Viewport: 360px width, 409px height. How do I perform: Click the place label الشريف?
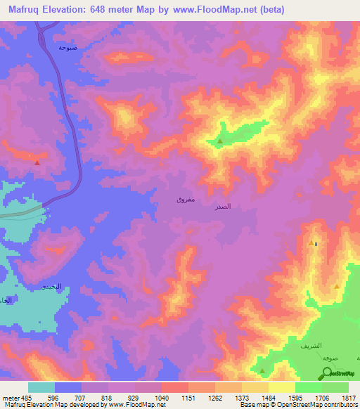pyautogui.click(x=310, y=346)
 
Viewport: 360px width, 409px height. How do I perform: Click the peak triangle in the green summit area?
pyautogui.click(x=220, y=142)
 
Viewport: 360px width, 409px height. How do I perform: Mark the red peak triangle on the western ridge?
pyautogui.click(x=37, y=162)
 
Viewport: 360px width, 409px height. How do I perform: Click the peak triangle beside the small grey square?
pyautogui.click(x=311, y=243)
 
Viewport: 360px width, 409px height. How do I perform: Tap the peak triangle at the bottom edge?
pyautogui.click(x=262, y=370)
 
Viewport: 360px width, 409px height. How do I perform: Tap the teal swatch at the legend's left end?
pyautogui.click(x=41, y=387)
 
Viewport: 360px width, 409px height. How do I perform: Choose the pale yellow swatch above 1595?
pyautogui.click(x=282, y=387)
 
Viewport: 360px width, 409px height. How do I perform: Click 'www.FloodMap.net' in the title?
pyautogui.click(x=213, y=10)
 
